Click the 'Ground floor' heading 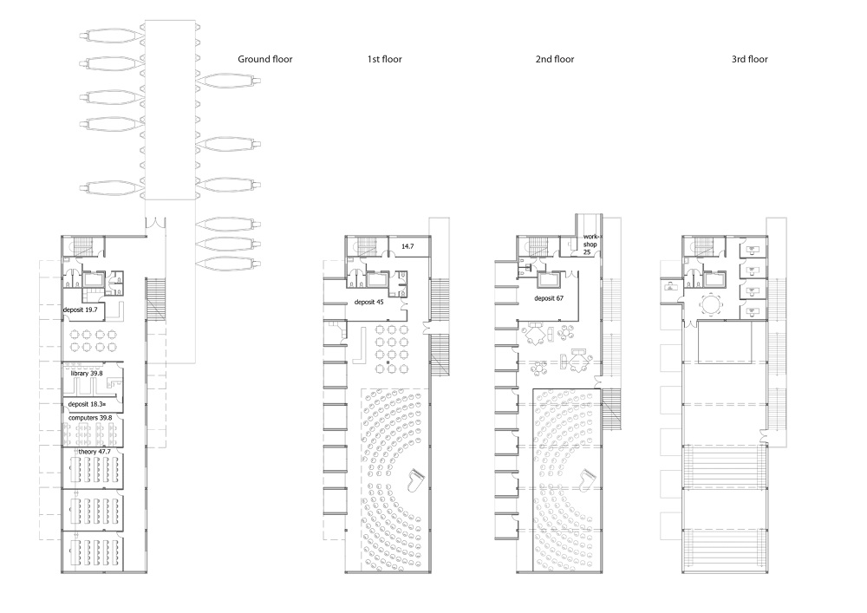click(264, 59)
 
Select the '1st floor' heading click(384, 59)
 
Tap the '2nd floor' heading click(555, 59)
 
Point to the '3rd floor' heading click(749, 59)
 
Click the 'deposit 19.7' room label click(80, 310)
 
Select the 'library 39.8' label click(86, 373)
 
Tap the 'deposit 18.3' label click(86, 404)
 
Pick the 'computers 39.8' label click(90, 417)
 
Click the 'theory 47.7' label click(95, 452)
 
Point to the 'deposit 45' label click(368, 302)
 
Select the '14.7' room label click(407, 246)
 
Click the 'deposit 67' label click(549, 298)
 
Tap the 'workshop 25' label click(590, 245)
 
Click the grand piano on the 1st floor click(415, 480)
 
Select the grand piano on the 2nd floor click(589, 479)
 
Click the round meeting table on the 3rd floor click(711, 304)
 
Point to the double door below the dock click(155, 223)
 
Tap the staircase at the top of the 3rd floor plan click(704, 245)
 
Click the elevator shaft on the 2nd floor click(550, 279)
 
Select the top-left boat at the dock click(112, 36)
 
